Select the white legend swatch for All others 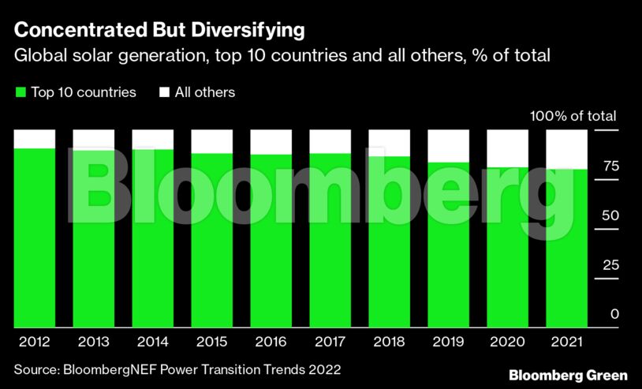pos(165,92)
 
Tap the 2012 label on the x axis pos(34,342)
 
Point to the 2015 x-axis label pos(211,342)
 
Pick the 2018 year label pos(390,342)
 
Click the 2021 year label pos(567,342)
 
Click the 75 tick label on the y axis pos(610,166)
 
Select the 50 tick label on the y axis pos(610,215)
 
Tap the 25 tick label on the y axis pos(610,265)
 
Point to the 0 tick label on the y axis pos(614,314)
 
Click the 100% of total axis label pos(573,116)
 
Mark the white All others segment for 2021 pos(567,149)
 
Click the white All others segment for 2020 pos(508,148)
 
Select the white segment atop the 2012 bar pos(35,138)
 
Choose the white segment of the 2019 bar pos(449,146)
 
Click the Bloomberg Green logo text pos(568,375)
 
